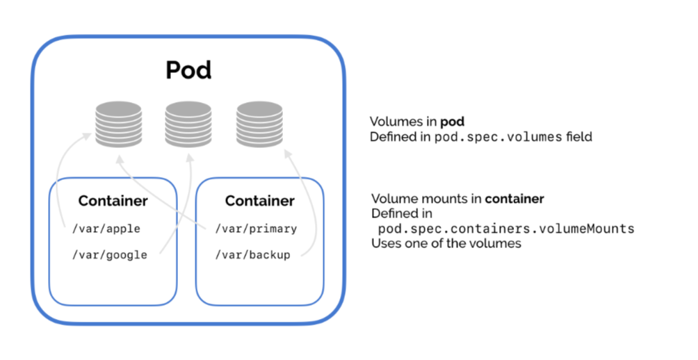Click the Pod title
(x=188, y=70)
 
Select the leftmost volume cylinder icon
(x=118, y=123)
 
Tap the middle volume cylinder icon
(x=188, y=123)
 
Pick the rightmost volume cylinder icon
(x=258, y=123)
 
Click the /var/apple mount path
(x=107, y=228)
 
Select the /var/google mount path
(x=110, y=255)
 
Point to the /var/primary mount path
(x=256, y=228)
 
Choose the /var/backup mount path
(x=252, y=255)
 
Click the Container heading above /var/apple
(x=113, y=202)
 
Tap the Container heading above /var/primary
(x=260, y=202)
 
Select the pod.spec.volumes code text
(x=498, y=137)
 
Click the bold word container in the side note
(x=514, y=199)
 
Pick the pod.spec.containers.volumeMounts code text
(x=506, y=229)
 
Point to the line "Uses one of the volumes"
(x=446, y=244)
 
